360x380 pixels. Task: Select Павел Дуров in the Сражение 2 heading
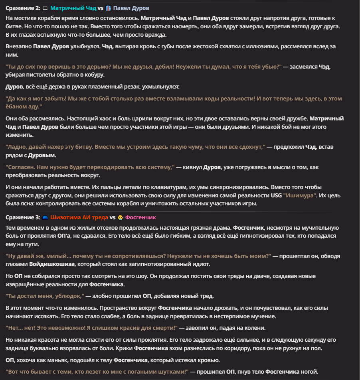132,8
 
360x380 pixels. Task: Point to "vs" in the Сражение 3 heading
113,217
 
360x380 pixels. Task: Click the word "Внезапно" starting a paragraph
18,46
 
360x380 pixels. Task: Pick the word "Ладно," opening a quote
17,147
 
